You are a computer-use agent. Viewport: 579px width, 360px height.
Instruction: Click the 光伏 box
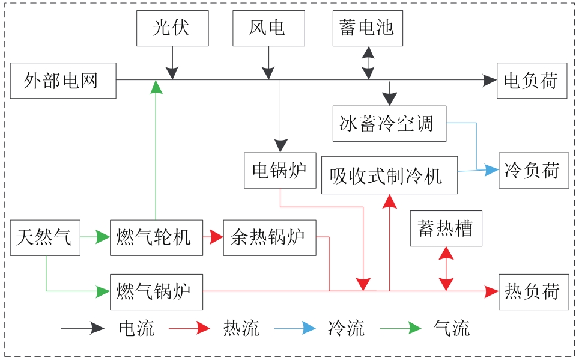click(172, 28)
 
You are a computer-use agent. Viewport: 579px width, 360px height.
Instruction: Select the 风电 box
click(268, 28)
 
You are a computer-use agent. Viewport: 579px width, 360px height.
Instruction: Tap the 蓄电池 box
click(367, 28)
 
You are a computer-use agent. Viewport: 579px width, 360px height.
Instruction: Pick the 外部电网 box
click(62, 80)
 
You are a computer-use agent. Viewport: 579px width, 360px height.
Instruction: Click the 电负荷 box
click(532, 80)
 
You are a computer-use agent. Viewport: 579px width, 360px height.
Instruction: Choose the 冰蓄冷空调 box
click(389, 124)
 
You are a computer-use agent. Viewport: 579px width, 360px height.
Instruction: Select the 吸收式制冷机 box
click(389, 175)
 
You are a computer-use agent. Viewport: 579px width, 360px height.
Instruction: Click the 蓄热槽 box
click(446, 228)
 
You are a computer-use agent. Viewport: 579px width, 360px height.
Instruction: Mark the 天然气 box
click(45, 238)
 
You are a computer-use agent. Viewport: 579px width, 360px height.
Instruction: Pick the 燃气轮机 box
click(156, 238)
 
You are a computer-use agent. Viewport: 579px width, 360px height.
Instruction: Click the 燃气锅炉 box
click(156, 291)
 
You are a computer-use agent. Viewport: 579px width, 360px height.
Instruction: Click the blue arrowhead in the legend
click(308, 328)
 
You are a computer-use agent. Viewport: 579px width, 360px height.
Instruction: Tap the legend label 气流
click(452, 328)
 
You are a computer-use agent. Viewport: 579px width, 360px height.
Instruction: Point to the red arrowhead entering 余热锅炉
click(216, 238)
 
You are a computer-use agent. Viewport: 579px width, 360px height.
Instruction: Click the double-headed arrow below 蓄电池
click(368, 63)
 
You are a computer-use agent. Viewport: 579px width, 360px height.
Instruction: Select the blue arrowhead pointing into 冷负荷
click(492, 170)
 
